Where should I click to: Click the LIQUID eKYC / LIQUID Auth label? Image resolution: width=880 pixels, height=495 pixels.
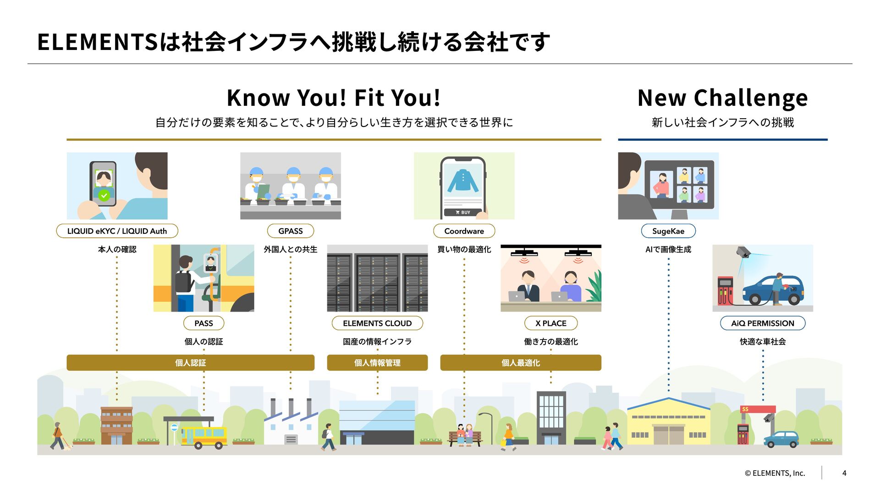coord(117,231)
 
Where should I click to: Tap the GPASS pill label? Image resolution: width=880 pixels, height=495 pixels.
coord(291,231)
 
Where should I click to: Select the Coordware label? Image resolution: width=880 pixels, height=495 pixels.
coord(464,231)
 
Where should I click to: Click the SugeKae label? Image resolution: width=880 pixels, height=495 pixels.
coord(668,231)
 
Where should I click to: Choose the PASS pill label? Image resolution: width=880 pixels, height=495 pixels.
coord(203,323)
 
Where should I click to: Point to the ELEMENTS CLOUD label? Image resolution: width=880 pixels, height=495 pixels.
coord(377,323)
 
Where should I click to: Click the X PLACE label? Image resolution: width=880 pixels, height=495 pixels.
coord(550,323)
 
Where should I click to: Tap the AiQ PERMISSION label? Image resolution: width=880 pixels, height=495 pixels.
coord(763,323)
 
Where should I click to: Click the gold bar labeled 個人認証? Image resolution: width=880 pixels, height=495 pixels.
coord(190,363)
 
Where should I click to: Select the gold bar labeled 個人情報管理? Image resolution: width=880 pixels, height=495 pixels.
coord(377,363)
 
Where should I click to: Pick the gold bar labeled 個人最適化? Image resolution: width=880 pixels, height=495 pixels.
coord(521,363)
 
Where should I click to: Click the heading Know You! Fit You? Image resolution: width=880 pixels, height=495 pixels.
coord(334,98)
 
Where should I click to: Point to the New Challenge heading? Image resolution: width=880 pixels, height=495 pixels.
coord(722,98)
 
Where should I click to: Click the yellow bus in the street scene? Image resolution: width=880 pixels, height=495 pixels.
coord(204,436)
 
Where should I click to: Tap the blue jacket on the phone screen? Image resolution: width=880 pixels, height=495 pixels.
coord(463,181)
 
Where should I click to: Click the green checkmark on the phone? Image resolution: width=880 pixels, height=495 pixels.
coord(104,195)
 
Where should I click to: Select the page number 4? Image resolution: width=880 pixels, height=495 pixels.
coord(844,473)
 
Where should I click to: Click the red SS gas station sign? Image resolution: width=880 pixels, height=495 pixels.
coord(758,409)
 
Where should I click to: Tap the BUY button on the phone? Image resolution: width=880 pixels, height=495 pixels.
coord(463,212)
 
